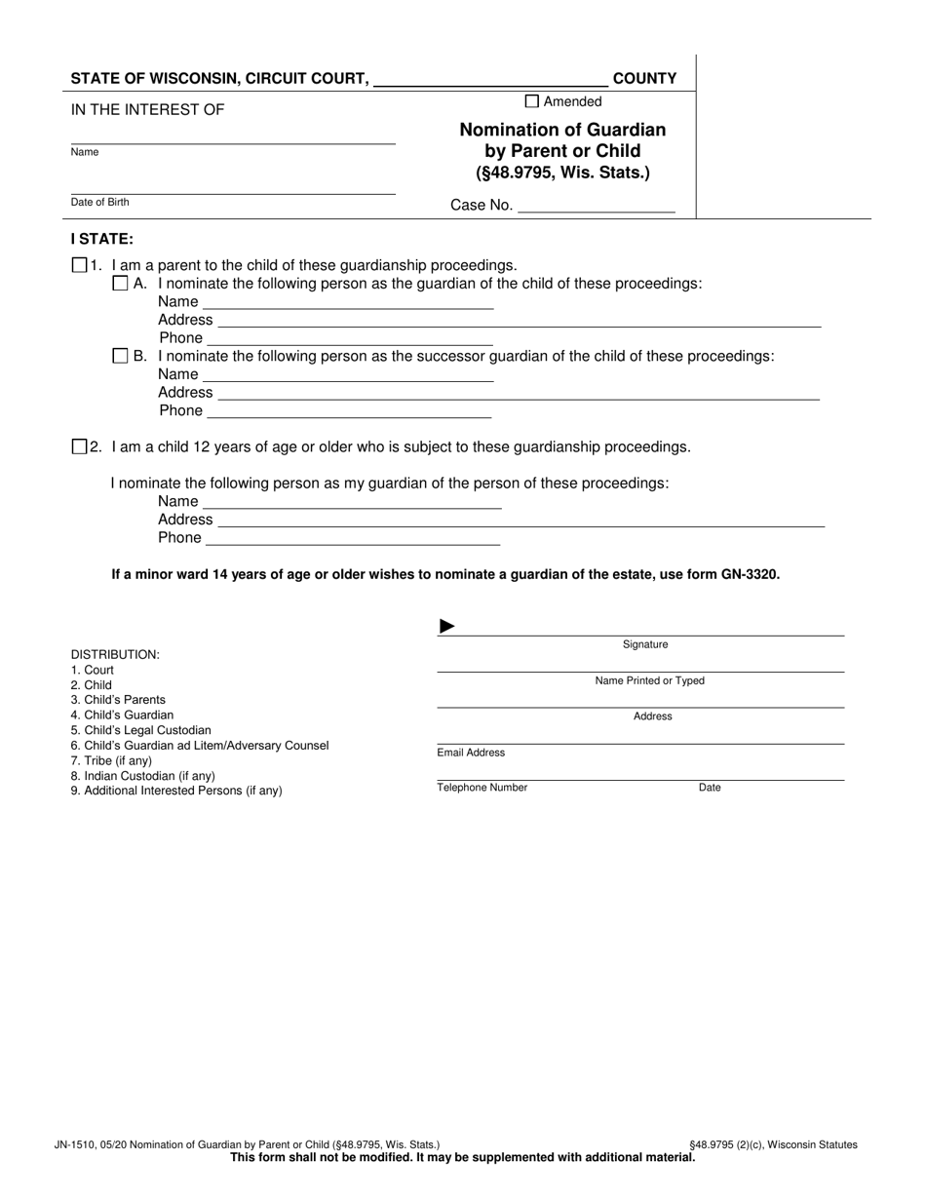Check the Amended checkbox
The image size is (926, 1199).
531,100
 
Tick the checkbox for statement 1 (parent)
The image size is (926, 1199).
80,265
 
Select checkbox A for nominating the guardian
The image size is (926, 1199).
120,284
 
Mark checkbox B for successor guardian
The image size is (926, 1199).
120,356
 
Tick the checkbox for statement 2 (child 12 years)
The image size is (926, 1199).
80,446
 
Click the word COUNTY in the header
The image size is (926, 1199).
644,79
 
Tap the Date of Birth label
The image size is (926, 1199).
99,202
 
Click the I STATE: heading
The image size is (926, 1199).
102,238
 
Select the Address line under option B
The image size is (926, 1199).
517,392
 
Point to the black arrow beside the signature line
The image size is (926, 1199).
447,626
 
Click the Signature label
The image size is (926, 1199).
645,644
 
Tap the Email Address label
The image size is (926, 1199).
471,753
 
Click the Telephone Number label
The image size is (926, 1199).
482,788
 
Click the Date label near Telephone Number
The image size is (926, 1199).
710,788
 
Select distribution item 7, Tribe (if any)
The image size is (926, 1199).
111,760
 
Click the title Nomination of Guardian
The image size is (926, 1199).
562,130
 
